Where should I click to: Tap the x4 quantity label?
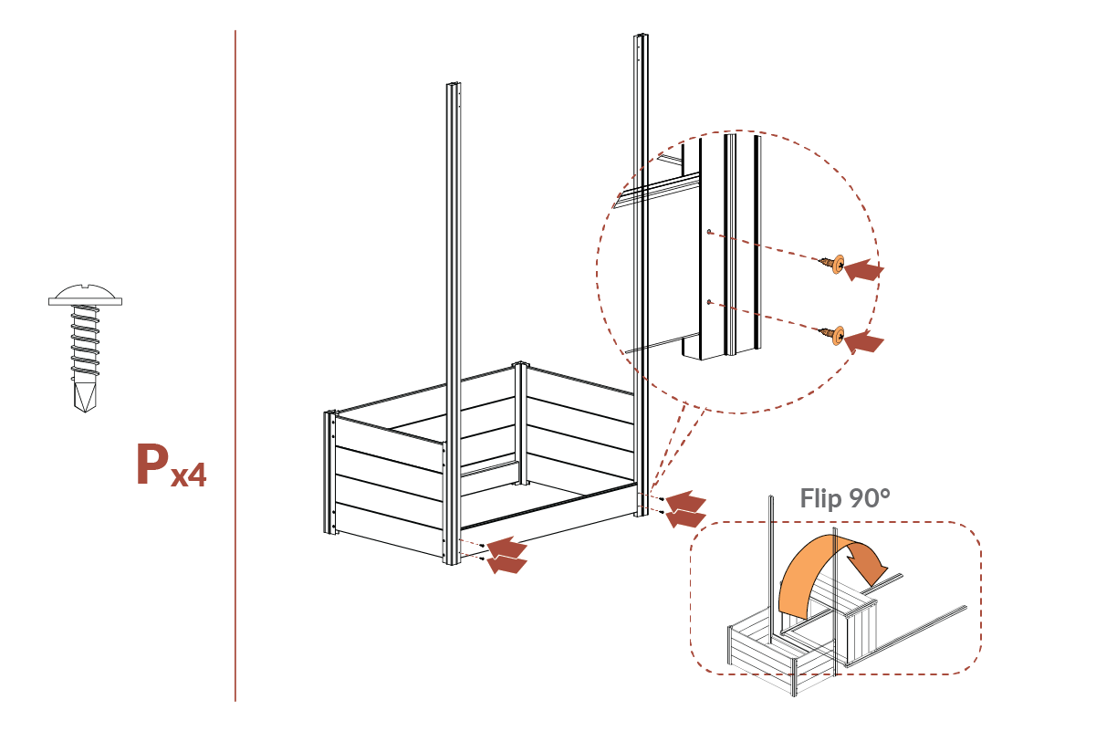(187, 475)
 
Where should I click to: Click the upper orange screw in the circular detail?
(834, 264)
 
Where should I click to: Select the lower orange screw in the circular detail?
(834, 335)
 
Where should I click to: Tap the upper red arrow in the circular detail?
(863, 269)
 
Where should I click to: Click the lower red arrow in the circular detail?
(863, 341)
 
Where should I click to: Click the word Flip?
(820, 498)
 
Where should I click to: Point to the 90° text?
(868, 498)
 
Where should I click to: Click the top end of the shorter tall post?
(453, 87)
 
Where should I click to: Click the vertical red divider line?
(235, 365)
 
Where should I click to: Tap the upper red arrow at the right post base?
(685, 501)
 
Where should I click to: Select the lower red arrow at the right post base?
(686, 517)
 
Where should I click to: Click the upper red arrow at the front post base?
(507, 547)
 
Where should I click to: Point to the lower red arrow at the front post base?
(507, 564)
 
